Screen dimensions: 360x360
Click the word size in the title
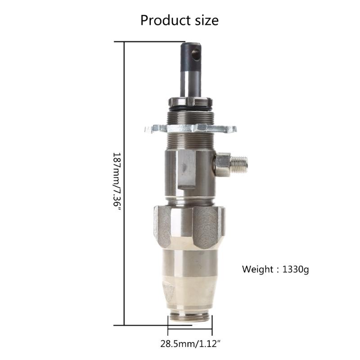tap(204, 20)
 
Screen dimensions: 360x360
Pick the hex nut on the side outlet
tap(222, 165)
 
